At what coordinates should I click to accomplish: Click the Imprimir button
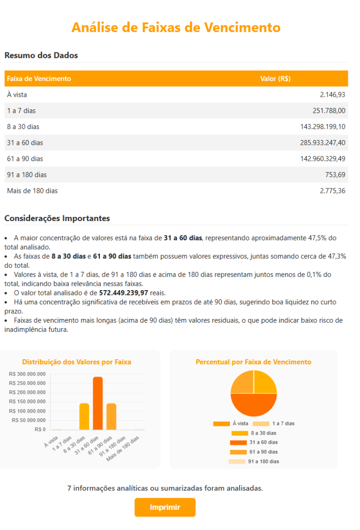[165, 507]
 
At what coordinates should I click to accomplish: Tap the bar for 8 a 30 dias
[84, 416]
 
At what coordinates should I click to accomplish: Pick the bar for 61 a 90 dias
[111, 416]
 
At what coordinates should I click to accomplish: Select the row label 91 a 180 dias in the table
[27, 175]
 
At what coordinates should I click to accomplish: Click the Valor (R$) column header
[275, 79]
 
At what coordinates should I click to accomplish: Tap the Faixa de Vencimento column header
[39, 79]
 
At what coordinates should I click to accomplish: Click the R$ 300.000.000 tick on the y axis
[27, 374]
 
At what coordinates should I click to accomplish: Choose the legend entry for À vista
[231, 424]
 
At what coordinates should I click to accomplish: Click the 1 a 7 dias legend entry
[274, 424]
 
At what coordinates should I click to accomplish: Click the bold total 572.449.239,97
[123, 293]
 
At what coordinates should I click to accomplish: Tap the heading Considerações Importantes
[57, 218]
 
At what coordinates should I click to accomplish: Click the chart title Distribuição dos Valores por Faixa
[77, 362]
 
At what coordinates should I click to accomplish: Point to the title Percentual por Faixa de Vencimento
[253, 362]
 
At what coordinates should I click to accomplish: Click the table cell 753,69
[335, 175]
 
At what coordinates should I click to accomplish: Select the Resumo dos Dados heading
[41, 55]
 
